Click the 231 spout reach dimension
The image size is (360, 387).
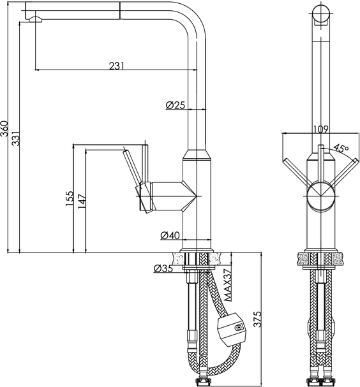116,66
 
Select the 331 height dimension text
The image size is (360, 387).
16,138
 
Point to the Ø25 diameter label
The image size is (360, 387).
176,105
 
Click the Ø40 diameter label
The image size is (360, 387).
170,235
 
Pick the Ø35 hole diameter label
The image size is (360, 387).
163,268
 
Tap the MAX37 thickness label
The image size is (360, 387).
228,285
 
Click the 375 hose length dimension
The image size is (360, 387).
257,319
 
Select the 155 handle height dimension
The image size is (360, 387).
70,198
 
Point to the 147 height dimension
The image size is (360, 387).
82,201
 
